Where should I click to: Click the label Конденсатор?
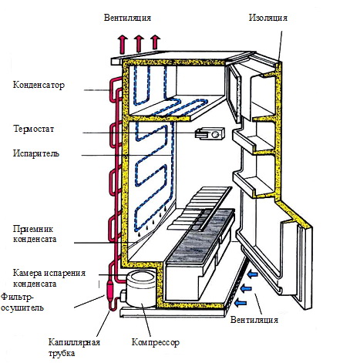[x=39, y=85]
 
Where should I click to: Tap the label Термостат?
[x=34, y=129]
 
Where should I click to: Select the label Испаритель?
[x=36, y=153]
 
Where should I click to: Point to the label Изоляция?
[x=268, y=18]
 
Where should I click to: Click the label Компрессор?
[x=156, y=342]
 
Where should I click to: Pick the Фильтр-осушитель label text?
[x=22, y=302]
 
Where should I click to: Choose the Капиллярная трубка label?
[x=74, y=348]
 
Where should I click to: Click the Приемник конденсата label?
[x=35, y=234]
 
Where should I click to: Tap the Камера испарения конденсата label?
[x=49, y=278]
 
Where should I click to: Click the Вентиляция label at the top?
[x=127, y=18]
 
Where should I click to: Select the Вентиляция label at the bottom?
[x=254, y=320]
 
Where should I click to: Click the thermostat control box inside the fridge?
[x=210, y=133]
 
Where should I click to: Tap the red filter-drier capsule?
[x=111, y=289]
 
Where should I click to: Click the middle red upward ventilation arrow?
[x=139, y=43]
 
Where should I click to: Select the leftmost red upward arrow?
[x=123, y=44]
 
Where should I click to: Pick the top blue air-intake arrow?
[x=253, y=274]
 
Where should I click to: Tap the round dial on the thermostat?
[x=216, y=134]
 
